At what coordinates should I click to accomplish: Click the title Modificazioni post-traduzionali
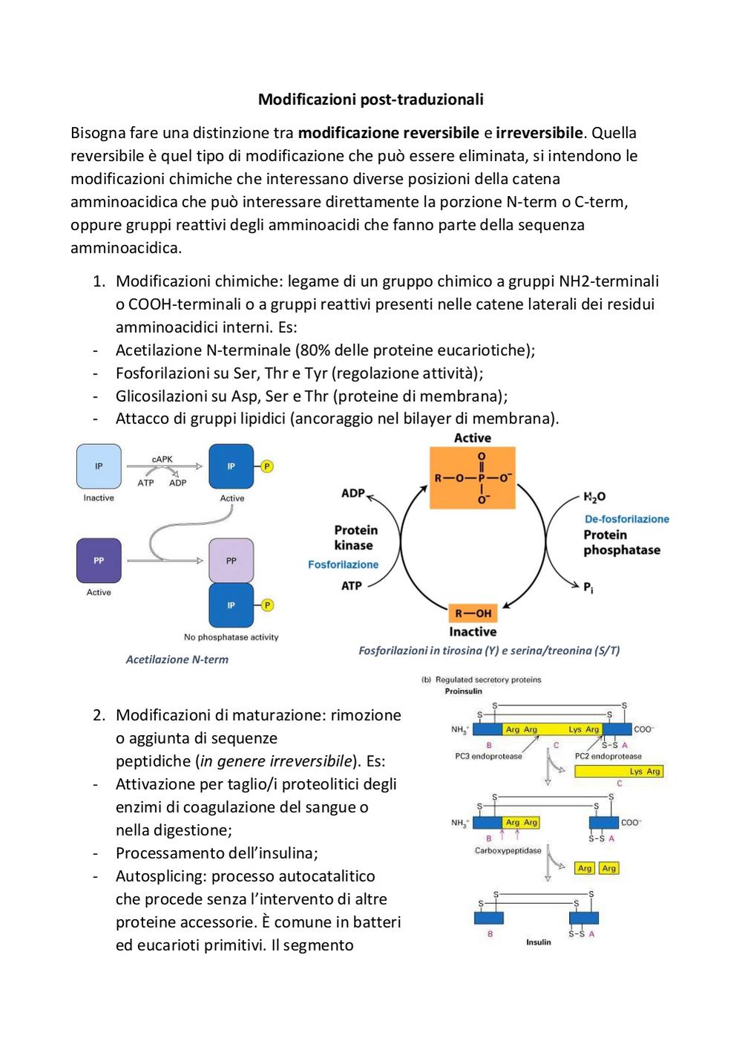370,100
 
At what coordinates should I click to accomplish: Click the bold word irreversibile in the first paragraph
539,133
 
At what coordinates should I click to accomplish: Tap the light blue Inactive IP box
99,466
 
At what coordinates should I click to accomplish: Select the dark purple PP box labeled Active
99,561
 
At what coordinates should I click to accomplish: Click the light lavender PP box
232,561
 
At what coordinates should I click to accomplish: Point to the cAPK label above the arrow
162,460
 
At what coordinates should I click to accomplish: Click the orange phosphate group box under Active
473,477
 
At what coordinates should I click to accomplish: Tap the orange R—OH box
473,613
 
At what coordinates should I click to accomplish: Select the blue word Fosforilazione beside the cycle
344,564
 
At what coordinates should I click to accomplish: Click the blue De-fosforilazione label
627,519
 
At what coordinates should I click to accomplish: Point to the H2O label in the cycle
594,496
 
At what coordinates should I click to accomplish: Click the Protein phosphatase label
622,542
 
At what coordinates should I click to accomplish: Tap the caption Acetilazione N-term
177,659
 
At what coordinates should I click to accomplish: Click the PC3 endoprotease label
488,756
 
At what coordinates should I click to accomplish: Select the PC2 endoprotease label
608,756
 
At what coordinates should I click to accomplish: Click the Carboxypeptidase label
508,851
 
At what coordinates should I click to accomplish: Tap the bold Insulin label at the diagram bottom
538,942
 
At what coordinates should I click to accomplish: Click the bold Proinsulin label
463,691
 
